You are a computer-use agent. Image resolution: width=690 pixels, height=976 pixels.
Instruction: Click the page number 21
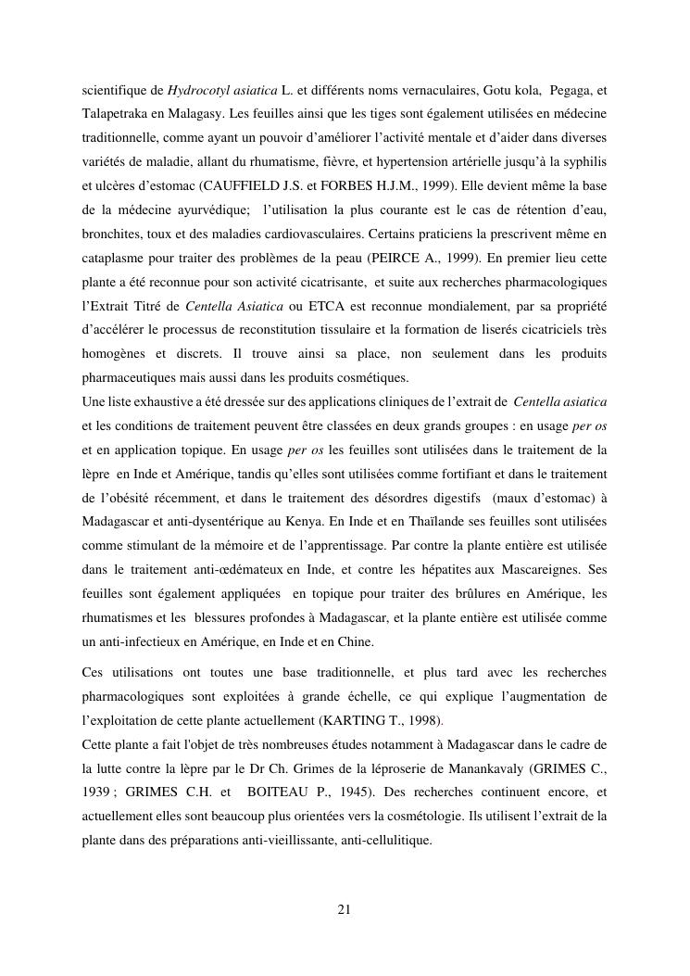(x=345, y=909)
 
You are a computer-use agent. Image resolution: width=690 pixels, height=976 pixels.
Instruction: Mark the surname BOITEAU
(x=277, y=792)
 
